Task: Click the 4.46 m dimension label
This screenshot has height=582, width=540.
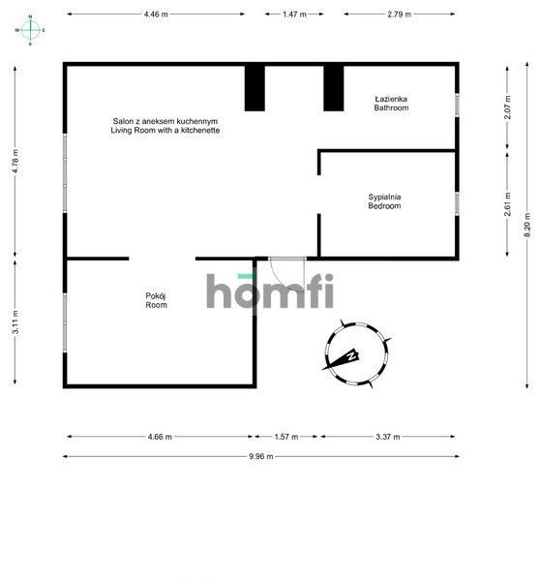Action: [156, 15]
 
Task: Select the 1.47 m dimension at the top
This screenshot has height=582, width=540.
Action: [294, 15]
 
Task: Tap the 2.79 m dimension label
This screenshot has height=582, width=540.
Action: [400, 15]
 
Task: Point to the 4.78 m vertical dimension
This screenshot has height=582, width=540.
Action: [15, 161]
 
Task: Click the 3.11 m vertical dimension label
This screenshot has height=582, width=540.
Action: [15, 322]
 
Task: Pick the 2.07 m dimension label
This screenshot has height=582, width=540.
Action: [508, 107]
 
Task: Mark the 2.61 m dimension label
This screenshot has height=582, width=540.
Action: [508, 203]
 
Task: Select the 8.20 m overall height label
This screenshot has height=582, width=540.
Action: [527, 225]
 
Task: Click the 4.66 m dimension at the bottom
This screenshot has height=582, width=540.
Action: [160, 437]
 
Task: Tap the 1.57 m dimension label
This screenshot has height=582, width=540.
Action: [286, 437]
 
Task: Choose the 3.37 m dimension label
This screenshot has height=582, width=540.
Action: [388, 437]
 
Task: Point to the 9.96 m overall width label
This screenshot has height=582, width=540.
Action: [261, 456]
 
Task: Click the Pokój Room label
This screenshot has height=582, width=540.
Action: [156, 300]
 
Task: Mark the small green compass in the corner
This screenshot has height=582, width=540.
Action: [30, 30]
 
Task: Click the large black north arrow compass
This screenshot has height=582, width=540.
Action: [357, 353]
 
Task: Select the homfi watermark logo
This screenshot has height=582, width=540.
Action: [270, 291]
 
